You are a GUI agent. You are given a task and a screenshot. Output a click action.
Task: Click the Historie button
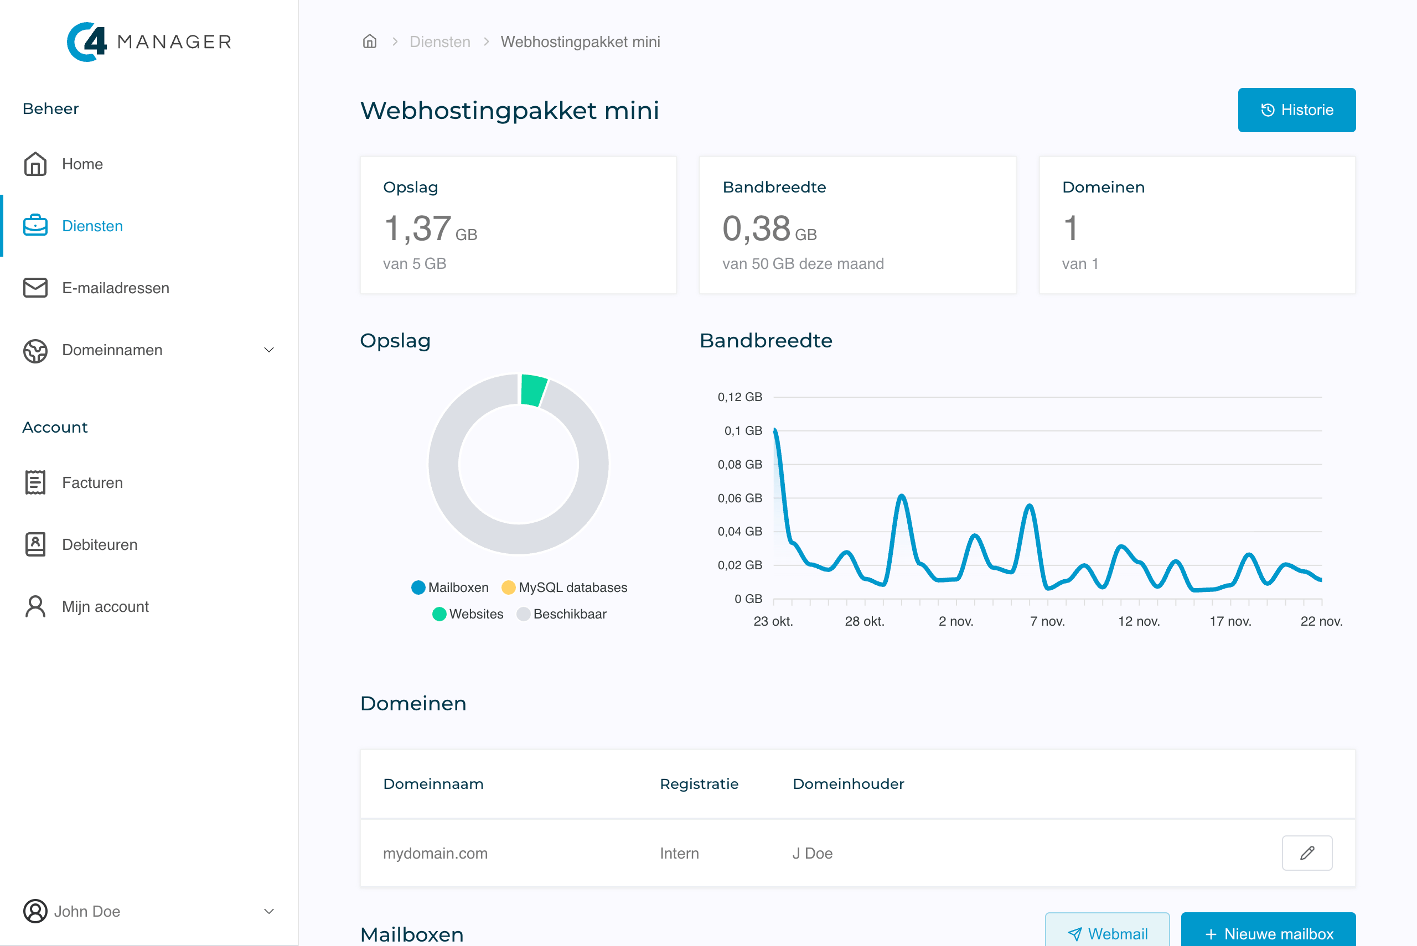[x=1296, y=110]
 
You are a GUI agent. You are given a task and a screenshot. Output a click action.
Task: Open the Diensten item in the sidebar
[x=92, y=226]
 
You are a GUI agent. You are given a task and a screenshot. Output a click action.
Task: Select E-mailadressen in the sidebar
[x=115, y=288]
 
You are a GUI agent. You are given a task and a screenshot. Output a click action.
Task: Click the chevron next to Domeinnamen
[x=269, y=350]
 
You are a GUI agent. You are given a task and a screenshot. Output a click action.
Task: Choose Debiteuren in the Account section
[x=100, y=544]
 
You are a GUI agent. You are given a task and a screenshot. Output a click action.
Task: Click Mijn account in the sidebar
[x=105, y=606]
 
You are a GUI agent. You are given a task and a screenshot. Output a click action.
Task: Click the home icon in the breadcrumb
[x=369, y=41]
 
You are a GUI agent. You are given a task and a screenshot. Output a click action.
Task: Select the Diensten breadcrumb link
[x=439, y=41]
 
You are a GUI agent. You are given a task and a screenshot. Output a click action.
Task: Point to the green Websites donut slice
[x=533, y=390]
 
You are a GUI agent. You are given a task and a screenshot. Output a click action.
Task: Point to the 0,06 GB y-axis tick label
[x=739, y=498]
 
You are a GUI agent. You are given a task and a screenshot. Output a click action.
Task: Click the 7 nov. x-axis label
[x=1047, y=621]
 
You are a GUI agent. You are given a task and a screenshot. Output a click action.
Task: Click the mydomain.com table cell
[x=435, y=853]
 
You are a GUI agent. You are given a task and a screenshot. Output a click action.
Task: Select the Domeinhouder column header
[x=848, y=784]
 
